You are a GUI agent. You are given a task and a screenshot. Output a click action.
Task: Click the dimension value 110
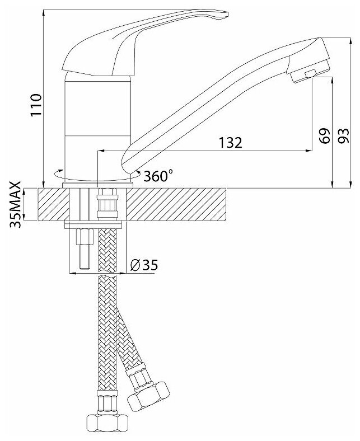[x=35, y=105]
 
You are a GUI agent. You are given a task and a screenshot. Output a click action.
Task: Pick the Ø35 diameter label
[x=143, y=265]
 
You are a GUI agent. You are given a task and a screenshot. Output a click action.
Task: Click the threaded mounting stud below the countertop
[x=84, y=249]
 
